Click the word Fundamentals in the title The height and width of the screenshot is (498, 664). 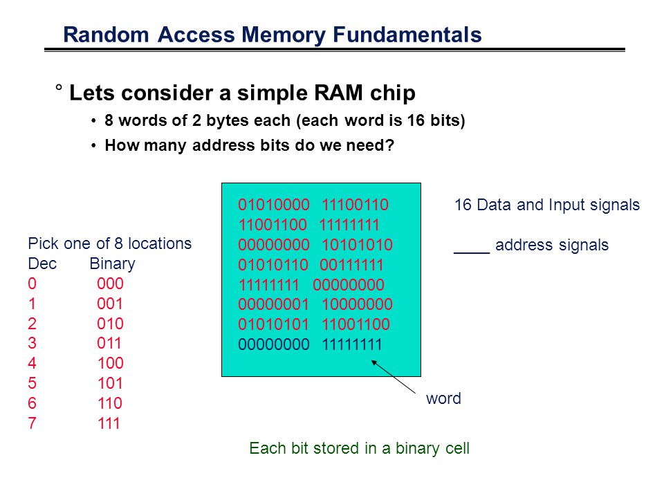pos(407,35)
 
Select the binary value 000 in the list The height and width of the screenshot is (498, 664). pos(110,284)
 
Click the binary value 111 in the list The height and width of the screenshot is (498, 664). pos(109,423)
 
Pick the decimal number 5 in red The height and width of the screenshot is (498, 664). pos(33,383)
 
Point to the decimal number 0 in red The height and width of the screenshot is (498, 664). pos(33,284)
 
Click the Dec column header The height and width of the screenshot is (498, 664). pos(42,264)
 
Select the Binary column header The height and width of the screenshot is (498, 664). pos(112,264)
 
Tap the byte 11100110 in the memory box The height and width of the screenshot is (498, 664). pos(355,205)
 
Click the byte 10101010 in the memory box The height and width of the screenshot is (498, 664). pos(357,245)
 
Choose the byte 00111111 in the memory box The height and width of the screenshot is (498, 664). pos(351,265)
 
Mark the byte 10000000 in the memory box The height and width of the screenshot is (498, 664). pos(357,304)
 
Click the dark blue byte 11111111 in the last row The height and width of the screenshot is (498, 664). pos(352,344)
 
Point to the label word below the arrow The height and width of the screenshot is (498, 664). pos(443,398)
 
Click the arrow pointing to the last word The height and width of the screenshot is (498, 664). pos(394,377)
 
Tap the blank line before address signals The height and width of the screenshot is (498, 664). pos(472,253)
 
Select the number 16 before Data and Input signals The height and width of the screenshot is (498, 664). pos(463,205)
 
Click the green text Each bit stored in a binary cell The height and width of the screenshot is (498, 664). pos(359,448)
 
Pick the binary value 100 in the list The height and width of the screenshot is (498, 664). pos(110,363)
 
